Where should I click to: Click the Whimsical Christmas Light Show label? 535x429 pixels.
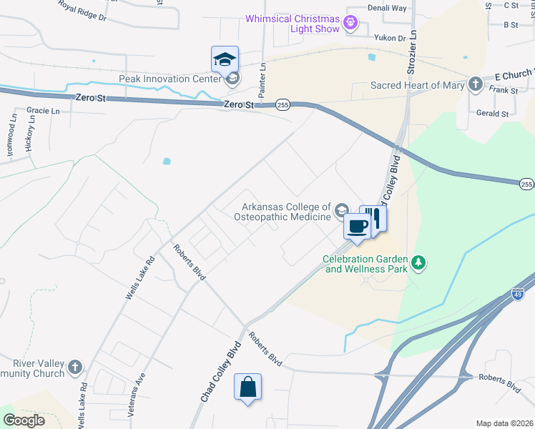click(293, 24)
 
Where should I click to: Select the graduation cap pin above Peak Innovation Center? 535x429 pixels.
click(225, 59)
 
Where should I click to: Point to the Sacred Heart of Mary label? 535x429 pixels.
click(418, 85)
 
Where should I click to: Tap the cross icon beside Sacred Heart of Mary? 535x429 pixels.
click(476, 85)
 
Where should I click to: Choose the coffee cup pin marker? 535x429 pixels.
click(357, 227)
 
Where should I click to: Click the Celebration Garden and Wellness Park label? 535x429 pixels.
click(365, 264)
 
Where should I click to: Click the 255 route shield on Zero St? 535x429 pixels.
click(283, 105)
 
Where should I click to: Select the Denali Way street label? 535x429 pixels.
click(387, 8)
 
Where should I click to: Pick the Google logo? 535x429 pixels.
click(24, 420)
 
